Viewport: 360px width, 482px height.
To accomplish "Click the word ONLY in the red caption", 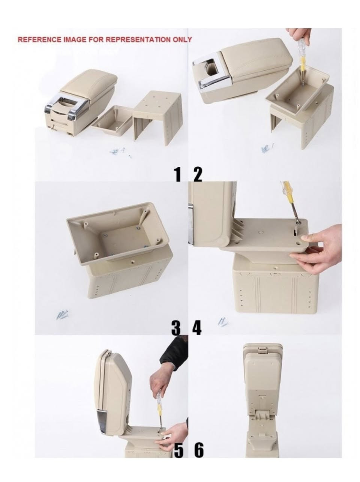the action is click(182, 39).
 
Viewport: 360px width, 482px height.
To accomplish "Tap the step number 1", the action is click(177, 174).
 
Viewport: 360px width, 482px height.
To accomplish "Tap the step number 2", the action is click(198, 174).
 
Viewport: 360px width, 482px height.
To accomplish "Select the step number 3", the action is click(176, 328).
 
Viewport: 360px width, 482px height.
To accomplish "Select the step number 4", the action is click(197, 328).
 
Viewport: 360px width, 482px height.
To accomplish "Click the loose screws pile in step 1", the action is click(120, 152).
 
